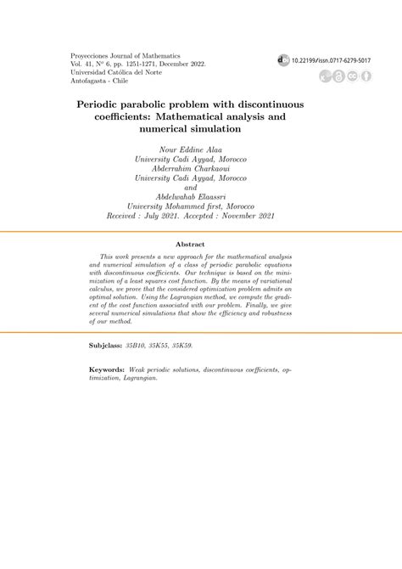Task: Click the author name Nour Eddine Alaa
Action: (200, 149)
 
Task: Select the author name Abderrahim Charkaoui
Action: (200, 168)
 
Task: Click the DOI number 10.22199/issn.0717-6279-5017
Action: (331, 61)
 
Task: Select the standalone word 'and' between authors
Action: (200, 187)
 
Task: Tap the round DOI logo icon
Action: (282, 61)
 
